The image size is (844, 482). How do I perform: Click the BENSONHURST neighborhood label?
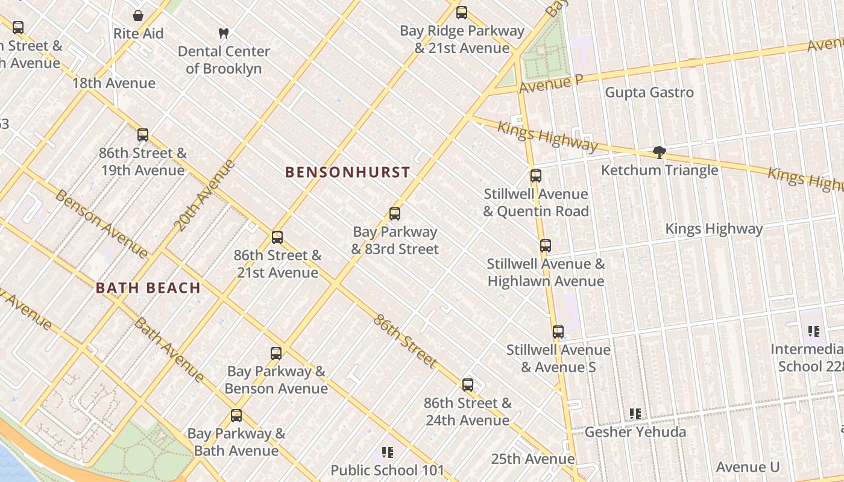coord(347,172)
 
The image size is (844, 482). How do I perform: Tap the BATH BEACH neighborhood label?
coord(148,288)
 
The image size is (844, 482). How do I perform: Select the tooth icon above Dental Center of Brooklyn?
coord(223,34)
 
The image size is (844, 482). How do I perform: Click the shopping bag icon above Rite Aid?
coord(138,16)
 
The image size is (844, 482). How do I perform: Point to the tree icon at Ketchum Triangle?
coord(660,152)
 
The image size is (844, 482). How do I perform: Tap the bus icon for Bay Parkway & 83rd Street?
coord(395,214)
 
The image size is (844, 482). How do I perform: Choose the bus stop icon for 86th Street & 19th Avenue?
coord(143,135)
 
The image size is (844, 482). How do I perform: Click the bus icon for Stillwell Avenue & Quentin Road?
coord(536,176)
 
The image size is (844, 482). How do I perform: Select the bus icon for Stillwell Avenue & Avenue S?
coord(558,332)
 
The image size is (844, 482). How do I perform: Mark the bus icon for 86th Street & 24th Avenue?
coord(468,385)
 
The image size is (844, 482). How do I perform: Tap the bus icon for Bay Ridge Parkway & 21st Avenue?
coord(462,13)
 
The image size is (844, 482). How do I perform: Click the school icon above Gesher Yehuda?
coord(635,414)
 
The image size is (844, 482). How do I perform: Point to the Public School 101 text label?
coord(387,470)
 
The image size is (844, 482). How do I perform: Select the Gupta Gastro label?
coord(649,92)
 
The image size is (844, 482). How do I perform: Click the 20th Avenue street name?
coord(204,195)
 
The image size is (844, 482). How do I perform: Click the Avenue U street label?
coord(748,467)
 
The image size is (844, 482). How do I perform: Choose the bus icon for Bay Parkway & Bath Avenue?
coord(236,416)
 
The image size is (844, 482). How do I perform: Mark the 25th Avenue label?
coord(532,459)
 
